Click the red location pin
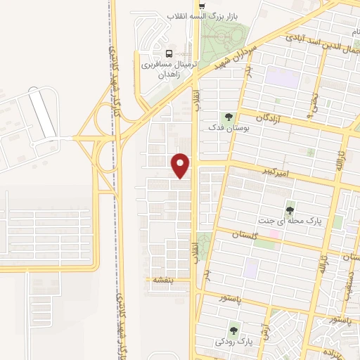pyautogui.click(x=181, y=165)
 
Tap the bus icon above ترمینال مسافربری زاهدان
pyautogui.click(x=168, y=53)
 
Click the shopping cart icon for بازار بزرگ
pyautogui.click(x=202, y=5)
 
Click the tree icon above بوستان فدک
pyautogui.click(x=228, y=117)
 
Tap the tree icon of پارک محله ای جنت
pyautogui.click(x=290, y=210)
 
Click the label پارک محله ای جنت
pyautogui.click(x=290, y=221)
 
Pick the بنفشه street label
pyautogui.click(x=163, y=279)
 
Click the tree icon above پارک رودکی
pyautogui.click(x=234, y=329)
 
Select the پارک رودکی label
pyautogui.click(x=234, y=341)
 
